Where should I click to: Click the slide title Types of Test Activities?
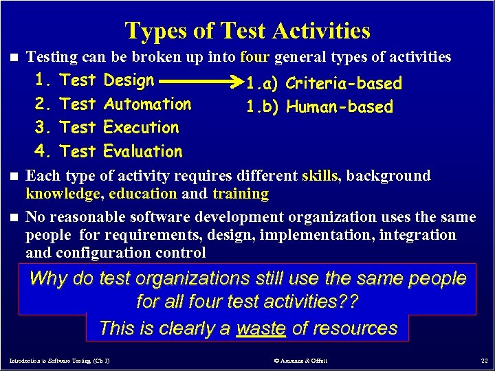(x=247, y=31)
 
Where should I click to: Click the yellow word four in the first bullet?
(x=256, y=57)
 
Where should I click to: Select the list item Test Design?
(x=107, y=80)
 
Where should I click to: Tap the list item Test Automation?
(x=125, y=104)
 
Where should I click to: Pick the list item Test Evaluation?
(x=121, y=151)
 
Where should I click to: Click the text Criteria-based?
(x=343, y=84)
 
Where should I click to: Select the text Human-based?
(x=340, y=107)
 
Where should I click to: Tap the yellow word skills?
(x=320, y=176)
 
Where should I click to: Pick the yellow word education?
(x=143, y=194)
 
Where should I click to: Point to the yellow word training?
(x=241, y=194)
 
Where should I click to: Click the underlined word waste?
(x=261, y=328)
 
